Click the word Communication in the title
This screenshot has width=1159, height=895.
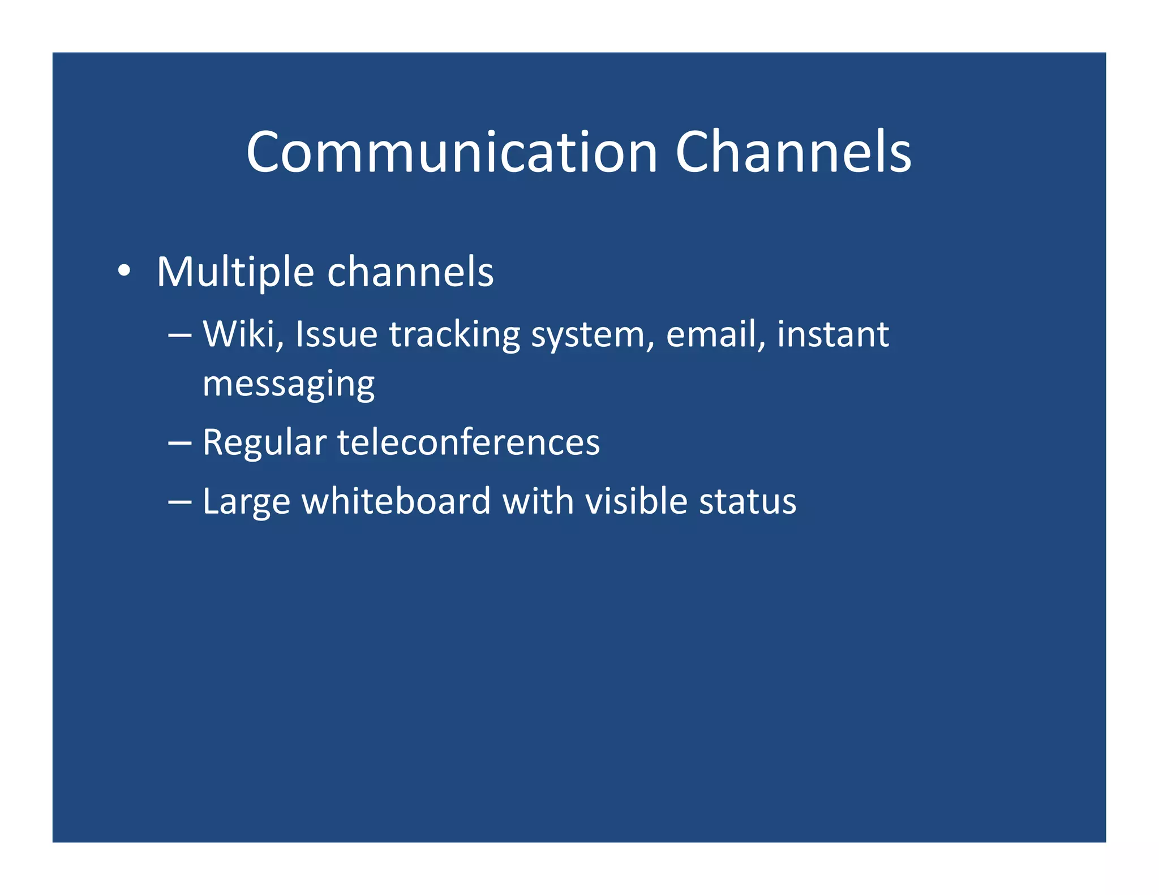[452, 153]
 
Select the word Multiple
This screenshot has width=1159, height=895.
[235, 273]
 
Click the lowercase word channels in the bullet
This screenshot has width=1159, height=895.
[410, 272]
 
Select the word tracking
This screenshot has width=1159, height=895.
[454, 335]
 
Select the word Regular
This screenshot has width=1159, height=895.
[264, 443]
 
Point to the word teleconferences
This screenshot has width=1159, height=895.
[469, 442]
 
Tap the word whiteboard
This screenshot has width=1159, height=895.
[396, 501]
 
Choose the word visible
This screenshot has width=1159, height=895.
[636, 501]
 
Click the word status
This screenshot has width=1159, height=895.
[747, 501]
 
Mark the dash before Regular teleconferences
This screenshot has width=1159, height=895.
[180, 443]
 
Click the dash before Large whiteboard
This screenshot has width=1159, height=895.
[180, 502]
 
